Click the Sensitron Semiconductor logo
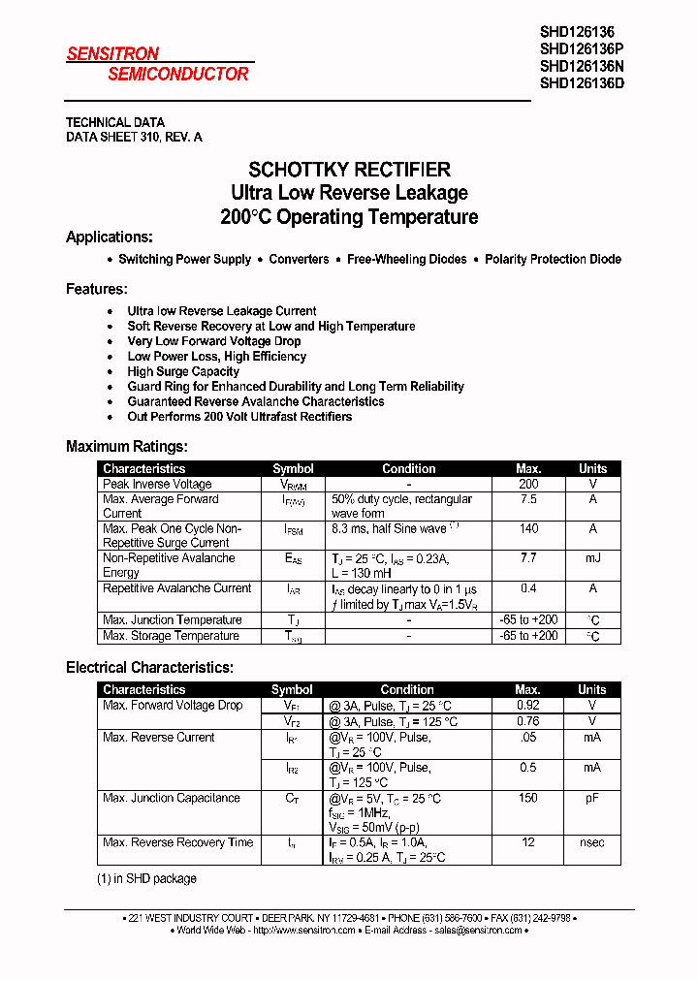[158, 64]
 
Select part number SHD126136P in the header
[582, 48]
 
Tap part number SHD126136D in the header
[582, 83]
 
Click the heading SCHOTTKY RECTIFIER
[349, 170]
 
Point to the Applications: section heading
[109, 237]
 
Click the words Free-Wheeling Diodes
[406, 260]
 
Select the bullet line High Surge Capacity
[183, 371]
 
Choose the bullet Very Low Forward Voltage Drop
[213, 341]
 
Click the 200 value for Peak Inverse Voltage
[528, 484]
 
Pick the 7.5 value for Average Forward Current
[528, 499]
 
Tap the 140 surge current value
[528, 529]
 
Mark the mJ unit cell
[592, 558]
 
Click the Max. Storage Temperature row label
[171, 636]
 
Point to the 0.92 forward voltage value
[528, 706]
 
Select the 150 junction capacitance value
[528, 799]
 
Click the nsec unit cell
[592, 843]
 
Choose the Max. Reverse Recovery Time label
[177, 843]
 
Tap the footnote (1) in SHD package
[145, 879]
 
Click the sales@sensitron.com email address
[475, 931]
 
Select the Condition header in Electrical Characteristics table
[407, 690]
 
